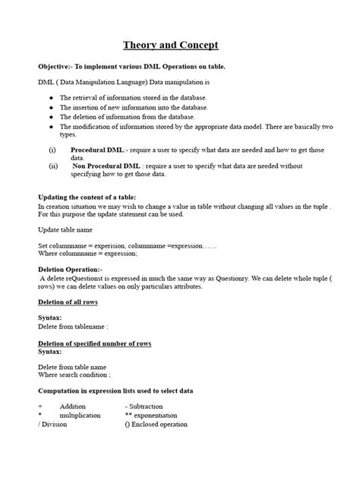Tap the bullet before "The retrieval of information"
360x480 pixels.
click(x=51, y=98)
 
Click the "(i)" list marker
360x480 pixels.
click(x=53, y=150)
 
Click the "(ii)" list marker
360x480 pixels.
click(x=54, y=165)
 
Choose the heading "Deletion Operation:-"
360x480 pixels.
click(x=70, y=270)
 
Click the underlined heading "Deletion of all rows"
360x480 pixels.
click(x=68, y=302)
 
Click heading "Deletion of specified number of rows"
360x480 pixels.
click(x=94, y=343)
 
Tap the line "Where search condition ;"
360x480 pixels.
click(x=74, y=374)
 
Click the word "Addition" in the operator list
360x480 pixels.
click(x=72, y=407)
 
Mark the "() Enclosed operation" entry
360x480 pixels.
click(x=156, y=425)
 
